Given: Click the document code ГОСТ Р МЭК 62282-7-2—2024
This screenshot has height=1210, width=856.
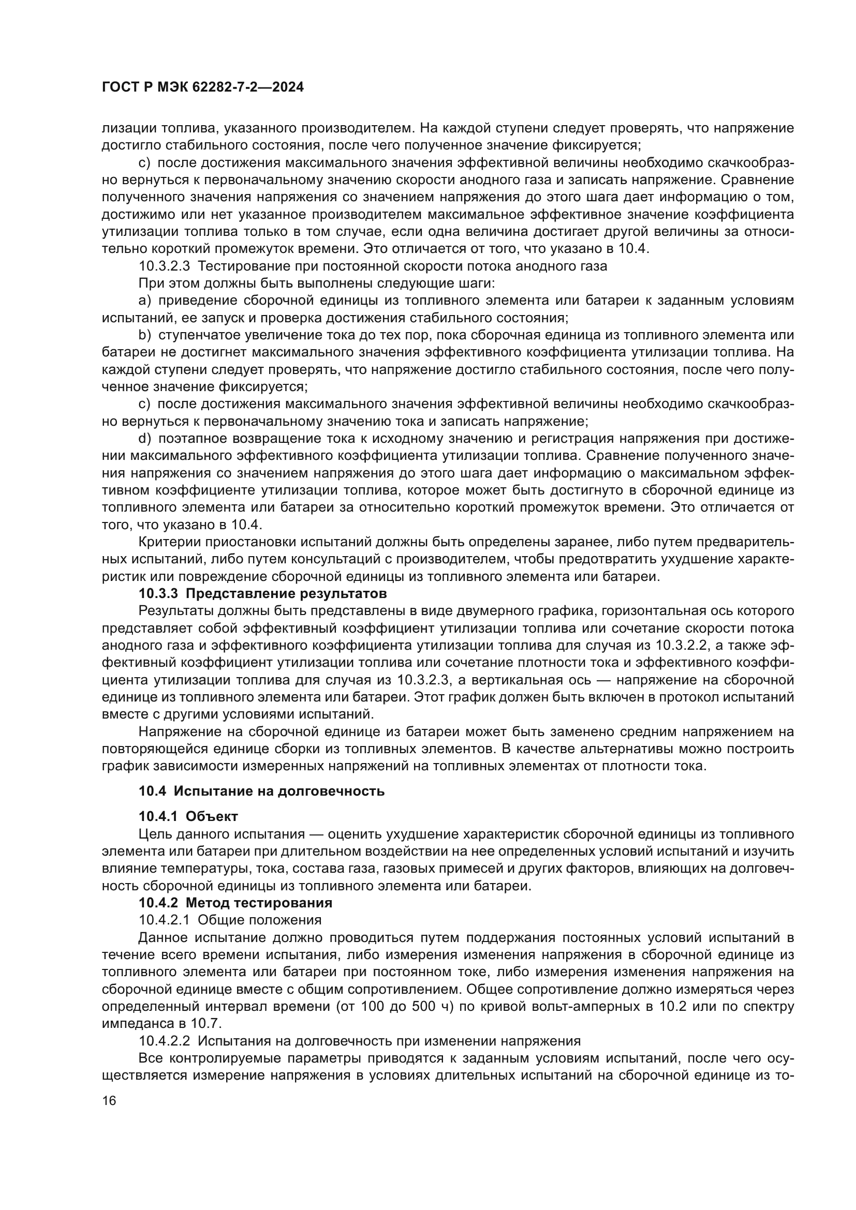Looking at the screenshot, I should click(203, 87).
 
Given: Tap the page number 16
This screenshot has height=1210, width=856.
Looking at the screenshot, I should click(109, 1101).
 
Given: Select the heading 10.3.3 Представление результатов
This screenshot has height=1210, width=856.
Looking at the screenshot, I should click(262, 594).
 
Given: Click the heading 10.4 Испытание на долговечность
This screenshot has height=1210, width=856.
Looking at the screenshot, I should click(261, 791).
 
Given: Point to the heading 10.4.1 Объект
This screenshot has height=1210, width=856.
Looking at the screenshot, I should click(188, 817).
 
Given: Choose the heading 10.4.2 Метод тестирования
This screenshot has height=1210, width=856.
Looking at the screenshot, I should click(235, 903).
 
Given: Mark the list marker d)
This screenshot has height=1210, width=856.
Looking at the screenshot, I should click(144, 439).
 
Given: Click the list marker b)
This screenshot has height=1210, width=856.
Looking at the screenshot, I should click(144, 335).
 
